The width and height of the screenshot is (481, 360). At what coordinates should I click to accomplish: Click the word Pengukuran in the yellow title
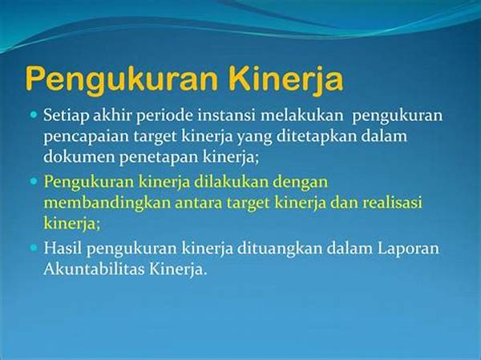click(122, 79)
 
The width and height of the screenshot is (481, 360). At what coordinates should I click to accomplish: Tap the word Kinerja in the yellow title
click(286, 79)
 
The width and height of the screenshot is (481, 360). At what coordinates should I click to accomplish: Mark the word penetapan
click(159, 158)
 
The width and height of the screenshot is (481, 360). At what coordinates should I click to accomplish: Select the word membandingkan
click(107, 204)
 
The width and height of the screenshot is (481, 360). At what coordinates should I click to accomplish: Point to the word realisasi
click(392, 202)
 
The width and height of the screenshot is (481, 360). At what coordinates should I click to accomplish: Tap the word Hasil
click(63, 248)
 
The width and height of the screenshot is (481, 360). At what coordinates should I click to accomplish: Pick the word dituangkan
click(279, 249)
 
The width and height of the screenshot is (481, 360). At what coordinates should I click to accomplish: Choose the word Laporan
click(408, 249)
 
